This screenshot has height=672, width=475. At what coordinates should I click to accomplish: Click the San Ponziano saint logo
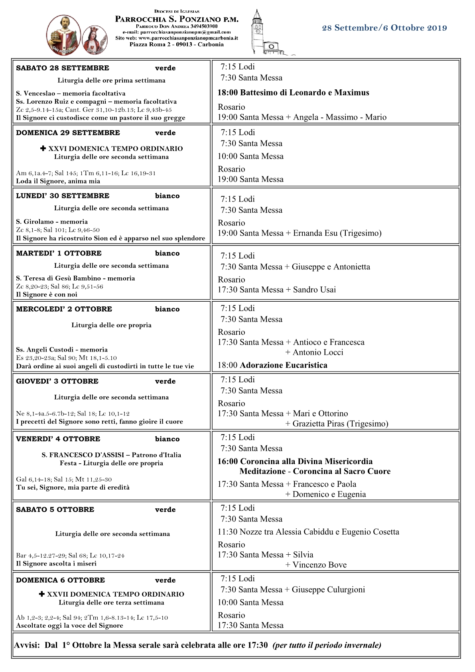tap(64, 35)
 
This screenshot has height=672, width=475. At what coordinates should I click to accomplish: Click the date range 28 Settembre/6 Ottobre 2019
tap(384, 28)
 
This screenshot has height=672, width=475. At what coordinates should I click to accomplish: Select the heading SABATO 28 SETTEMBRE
tap(63, 68)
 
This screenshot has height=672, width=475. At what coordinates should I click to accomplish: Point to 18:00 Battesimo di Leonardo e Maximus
tap(293, 93)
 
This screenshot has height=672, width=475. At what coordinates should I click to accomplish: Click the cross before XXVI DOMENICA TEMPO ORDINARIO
tap(43, 148)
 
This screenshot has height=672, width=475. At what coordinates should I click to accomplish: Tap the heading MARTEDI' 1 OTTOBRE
tap(59, 253)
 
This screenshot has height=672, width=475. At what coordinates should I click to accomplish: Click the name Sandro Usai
tap(314, 290)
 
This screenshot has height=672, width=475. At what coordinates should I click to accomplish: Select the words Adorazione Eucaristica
tap(284, 365)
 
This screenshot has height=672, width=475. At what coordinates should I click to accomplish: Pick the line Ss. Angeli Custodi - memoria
tap(62, 350)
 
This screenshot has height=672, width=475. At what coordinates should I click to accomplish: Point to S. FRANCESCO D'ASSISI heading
tap(83, 455)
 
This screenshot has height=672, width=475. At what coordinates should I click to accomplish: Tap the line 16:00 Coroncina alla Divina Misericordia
tap(295, 461)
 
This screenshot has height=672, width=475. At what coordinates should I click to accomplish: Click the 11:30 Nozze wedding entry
tap(308, 532)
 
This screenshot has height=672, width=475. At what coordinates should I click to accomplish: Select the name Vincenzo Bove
tap(319, 565)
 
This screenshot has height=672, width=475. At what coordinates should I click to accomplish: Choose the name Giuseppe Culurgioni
tap(328, 590)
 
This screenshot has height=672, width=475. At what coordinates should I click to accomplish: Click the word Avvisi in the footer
tap(26, 645)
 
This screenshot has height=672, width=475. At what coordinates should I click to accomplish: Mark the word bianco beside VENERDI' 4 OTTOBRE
tap(167, 439)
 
